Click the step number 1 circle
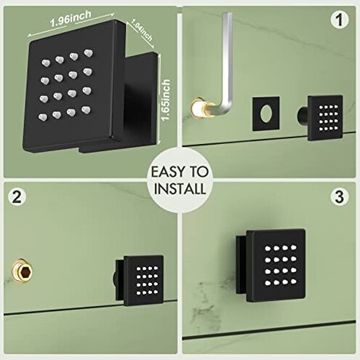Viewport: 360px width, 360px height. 338,20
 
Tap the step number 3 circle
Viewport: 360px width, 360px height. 338,196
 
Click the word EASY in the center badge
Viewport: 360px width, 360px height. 169,174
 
